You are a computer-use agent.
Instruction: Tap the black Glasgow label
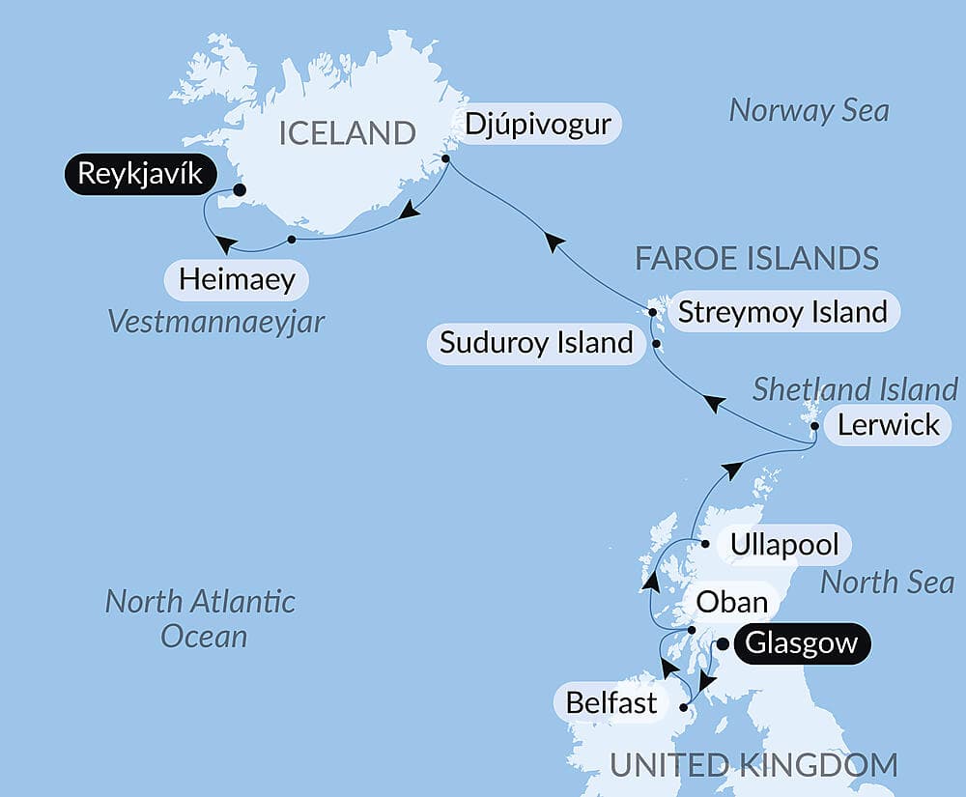pos(802,643)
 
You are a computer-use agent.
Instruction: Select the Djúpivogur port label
pos(538,125)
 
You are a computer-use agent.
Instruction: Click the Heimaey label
pos(237,281)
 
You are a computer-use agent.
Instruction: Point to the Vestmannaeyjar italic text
pos(216,322)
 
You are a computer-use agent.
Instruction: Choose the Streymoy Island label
pos(782,312)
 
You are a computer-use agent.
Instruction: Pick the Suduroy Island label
pos(536,342)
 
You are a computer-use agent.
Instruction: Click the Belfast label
pos(611,702)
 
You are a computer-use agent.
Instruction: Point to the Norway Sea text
pos(809,110)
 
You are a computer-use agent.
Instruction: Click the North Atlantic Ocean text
pos(200,618)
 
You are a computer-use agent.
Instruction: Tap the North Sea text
pos(887,583)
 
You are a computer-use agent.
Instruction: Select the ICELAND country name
pos(347,133)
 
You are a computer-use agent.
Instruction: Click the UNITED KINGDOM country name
pos(753,766)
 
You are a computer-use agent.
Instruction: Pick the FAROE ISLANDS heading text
pos(756,259)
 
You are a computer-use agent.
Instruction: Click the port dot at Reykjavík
pos(239,190)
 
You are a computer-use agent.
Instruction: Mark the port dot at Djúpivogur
pos(446,158)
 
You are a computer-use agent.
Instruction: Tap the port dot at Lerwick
pos(815,426)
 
